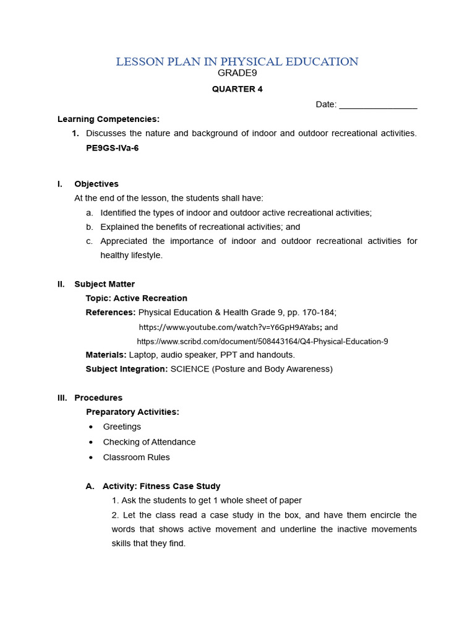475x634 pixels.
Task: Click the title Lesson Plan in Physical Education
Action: (x=237, y=61)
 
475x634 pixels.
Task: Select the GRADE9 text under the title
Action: (x=237, y=73)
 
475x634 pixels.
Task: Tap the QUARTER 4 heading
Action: (x=237, y=89)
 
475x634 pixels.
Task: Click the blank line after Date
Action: (x=378, y=105)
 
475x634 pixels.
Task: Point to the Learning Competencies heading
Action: (x=108, y=119)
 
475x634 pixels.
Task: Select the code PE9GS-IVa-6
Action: (x=112, y=148)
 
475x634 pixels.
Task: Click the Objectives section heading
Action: (x=96, y=184)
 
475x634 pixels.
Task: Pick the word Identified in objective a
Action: (x=119, y=212)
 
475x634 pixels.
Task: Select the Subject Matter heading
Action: (x=105, y=284)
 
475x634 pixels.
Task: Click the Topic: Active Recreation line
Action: (x=136, y=298)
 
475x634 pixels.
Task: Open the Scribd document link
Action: (x=262, y=341)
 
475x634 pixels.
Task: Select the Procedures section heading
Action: (x=98, y=397)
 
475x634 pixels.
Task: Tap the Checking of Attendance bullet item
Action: (x=149, y=442)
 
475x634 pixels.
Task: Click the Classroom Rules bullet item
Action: (x=136, y=458)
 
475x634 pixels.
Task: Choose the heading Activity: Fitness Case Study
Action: (x=161, y=486)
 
